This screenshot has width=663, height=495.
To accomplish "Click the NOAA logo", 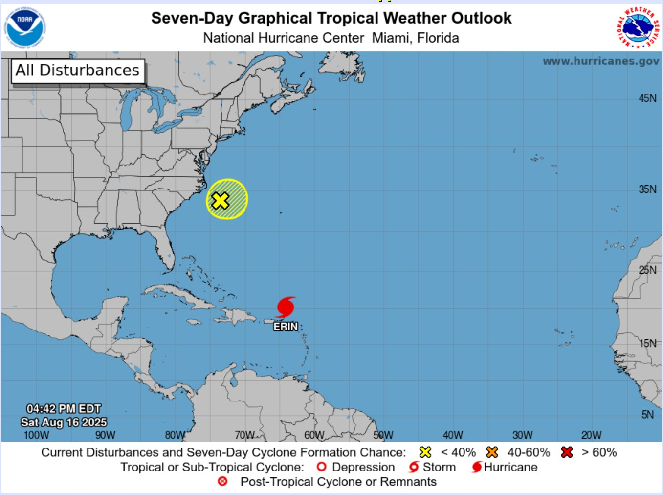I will (x=25, y=27).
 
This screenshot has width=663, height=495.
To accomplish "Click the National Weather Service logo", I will (x=638, y=27).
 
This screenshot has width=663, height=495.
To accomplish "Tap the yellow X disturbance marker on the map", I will (x=221, y=201).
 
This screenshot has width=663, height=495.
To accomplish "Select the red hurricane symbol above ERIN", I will (x=286, y=307).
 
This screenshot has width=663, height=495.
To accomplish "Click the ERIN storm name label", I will (x=286, y=327).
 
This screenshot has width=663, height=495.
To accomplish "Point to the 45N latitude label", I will (x=647, y=98).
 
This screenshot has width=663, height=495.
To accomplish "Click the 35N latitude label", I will (x=647, y=189).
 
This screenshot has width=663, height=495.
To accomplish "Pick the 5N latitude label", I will (x=647, y=415).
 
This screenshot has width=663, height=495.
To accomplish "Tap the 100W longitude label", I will (x=36, y=435).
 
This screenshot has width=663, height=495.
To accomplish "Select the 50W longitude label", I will (x=383, y=435).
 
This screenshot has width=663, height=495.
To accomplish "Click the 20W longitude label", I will (x=591, y=435).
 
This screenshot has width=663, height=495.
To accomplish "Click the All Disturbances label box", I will (x=78, y=71).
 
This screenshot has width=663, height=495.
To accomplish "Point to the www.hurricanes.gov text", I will (x=601, y=61).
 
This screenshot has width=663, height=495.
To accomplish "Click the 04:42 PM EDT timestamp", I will (x=64, y=409).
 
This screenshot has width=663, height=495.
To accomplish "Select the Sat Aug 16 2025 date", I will (x=64, y=423).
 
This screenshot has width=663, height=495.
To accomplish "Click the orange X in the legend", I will (x=492, y=452).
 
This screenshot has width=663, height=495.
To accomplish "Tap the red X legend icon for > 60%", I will (x=567, y=452).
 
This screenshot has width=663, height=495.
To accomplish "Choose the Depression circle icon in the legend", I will (x=321, y=467).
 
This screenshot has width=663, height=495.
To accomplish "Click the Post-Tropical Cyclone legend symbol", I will (x=222, y=482).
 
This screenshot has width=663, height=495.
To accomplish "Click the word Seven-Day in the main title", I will (x=192, y=18).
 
